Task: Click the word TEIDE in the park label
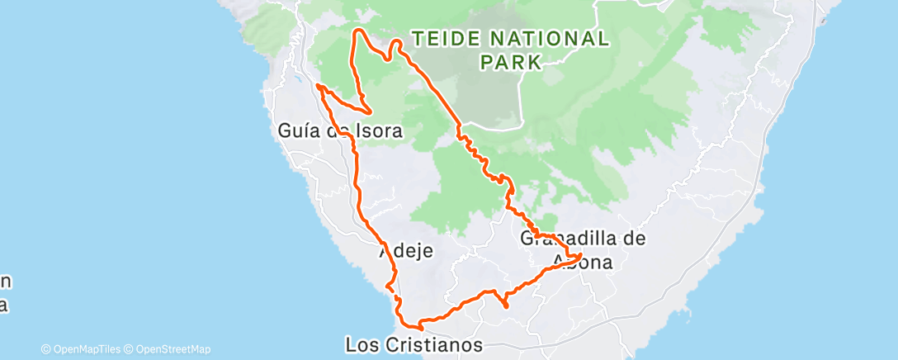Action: [x=443, y=39]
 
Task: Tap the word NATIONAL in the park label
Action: [x=550, y=39]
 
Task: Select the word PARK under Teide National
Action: [x=510, y=61]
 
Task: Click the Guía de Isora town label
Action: [x=340, y=131]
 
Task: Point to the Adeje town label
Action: [x=406, y=251]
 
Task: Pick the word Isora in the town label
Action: [x=380, y=131]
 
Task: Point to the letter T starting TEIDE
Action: [x=418, y=39]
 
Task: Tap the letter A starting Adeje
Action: [x=385, y=251]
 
